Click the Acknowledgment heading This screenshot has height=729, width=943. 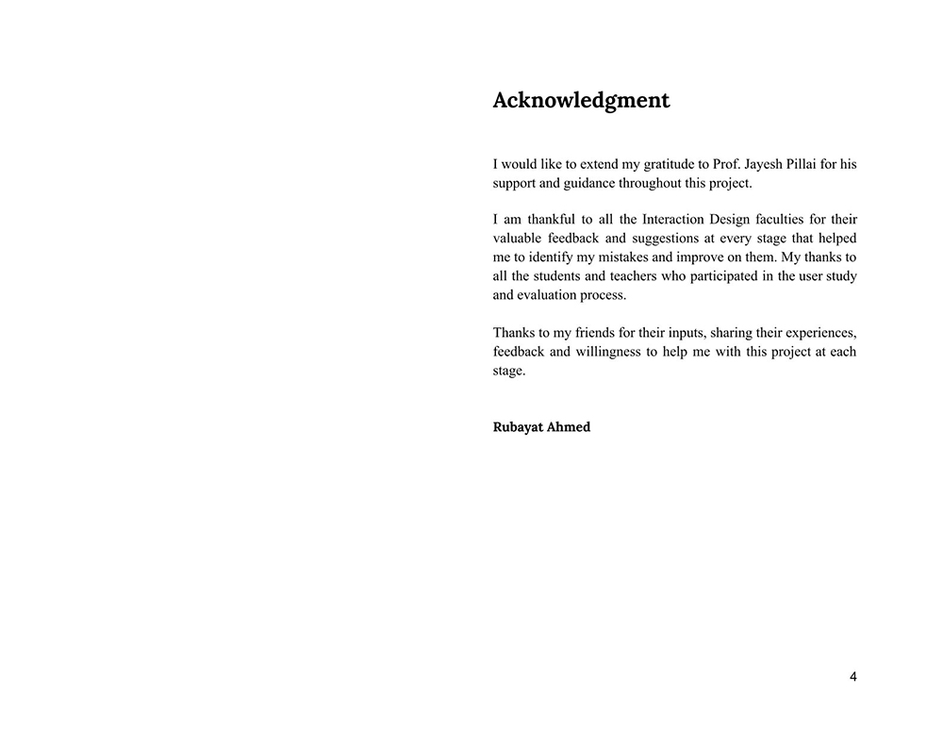click(581, 101)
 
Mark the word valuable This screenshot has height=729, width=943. click(519, 239)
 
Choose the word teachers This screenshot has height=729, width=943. click(638, 276)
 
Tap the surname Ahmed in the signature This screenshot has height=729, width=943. click(569, 427)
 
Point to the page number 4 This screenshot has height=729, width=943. click(853, 676)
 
